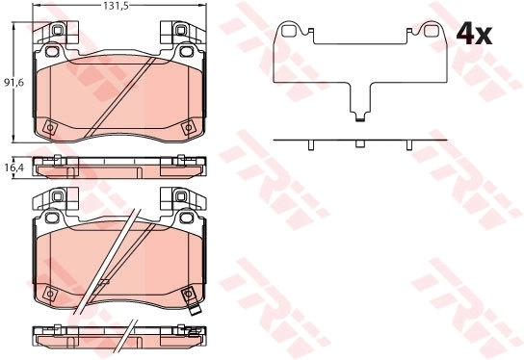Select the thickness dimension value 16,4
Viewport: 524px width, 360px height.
pyautogui.click(x=13, y=167)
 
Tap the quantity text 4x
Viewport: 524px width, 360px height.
pyautogui.click(x=473, y=37)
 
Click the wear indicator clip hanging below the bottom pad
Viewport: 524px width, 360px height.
pyautogui.click(x=194, y=310)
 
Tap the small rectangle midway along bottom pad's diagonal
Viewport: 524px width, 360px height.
pyautogui.click(x=102, y=283)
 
